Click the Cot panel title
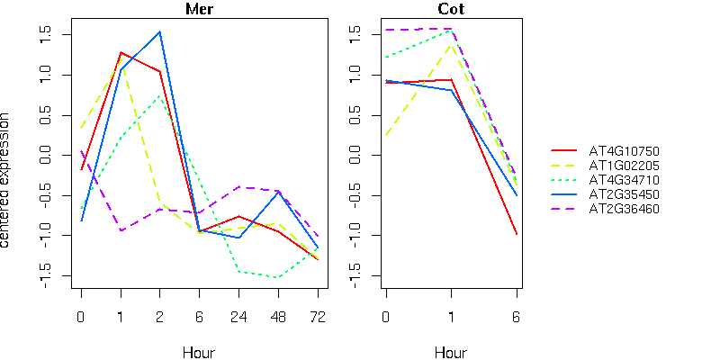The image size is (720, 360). click(451, 10)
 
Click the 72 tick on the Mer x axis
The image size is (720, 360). click(318, 317)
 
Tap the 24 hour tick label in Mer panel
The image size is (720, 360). click(238, 317)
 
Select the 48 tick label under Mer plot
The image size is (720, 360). click(278, 317)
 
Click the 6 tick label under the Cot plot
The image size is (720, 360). click(517, 317)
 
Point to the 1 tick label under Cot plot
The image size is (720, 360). click(451, 317)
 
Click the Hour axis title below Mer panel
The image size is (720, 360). click(199, 352)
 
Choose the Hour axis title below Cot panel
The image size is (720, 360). click(451, 352)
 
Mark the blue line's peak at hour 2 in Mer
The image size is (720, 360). click(160, 31)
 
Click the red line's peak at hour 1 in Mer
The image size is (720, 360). click(121, 52)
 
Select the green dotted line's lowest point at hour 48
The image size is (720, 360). click(278, 278)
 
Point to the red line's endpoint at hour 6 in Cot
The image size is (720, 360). click(517, 235)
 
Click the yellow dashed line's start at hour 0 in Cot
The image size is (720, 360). click(385, 135)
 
